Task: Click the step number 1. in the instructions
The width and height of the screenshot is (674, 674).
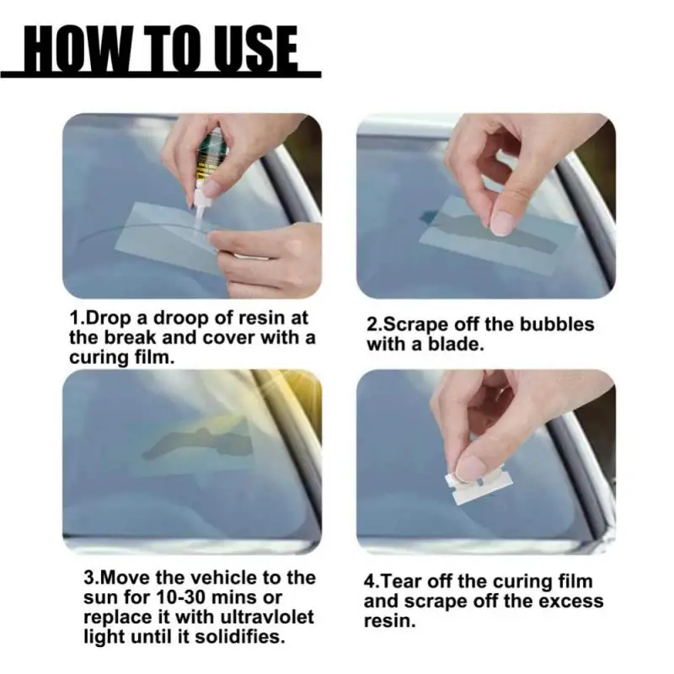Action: pos(78,319)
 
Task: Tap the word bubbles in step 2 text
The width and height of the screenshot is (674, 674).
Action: pos(559,324)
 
